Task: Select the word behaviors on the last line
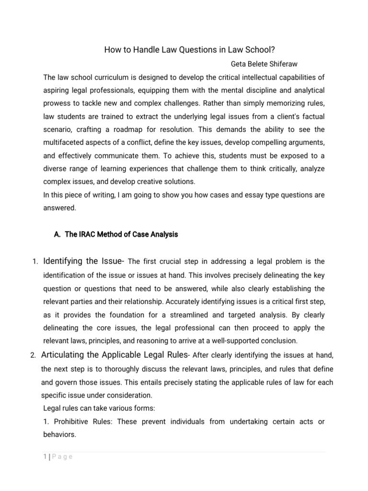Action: coord(59,434)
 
